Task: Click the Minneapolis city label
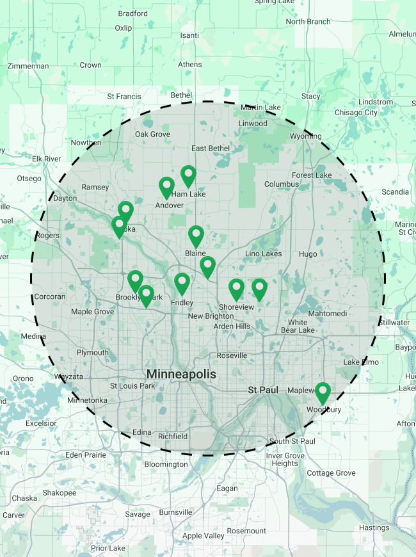[x=181, y=374]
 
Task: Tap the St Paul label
[x=261, y=389]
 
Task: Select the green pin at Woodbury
[x=323, y=392]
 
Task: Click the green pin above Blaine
[x=196, y=236]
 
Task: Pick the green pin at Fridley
[x=182, y=284]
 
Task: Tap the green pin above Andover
[x=166, y=188]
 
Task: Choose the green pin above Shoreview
[x=237, y=289]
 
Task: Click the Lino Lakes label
[x=263, y=254]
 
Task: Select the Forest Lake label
[x=312, y=175]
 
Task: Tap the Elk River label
[x=46, y=159]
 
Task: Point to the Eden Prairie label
[x=86, y=455]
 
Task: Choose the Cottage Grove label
[x=331, y=473]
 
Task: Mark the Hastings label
[x=374, y=528]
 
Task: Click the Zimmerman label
[x=28, y=66]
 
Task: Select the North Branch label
[x=308, y=22]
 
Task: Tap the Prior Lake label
[x=108, y=548]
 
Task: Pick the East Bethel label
[x=210, y=149]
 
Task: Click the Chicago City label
[x=356, y=113]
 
